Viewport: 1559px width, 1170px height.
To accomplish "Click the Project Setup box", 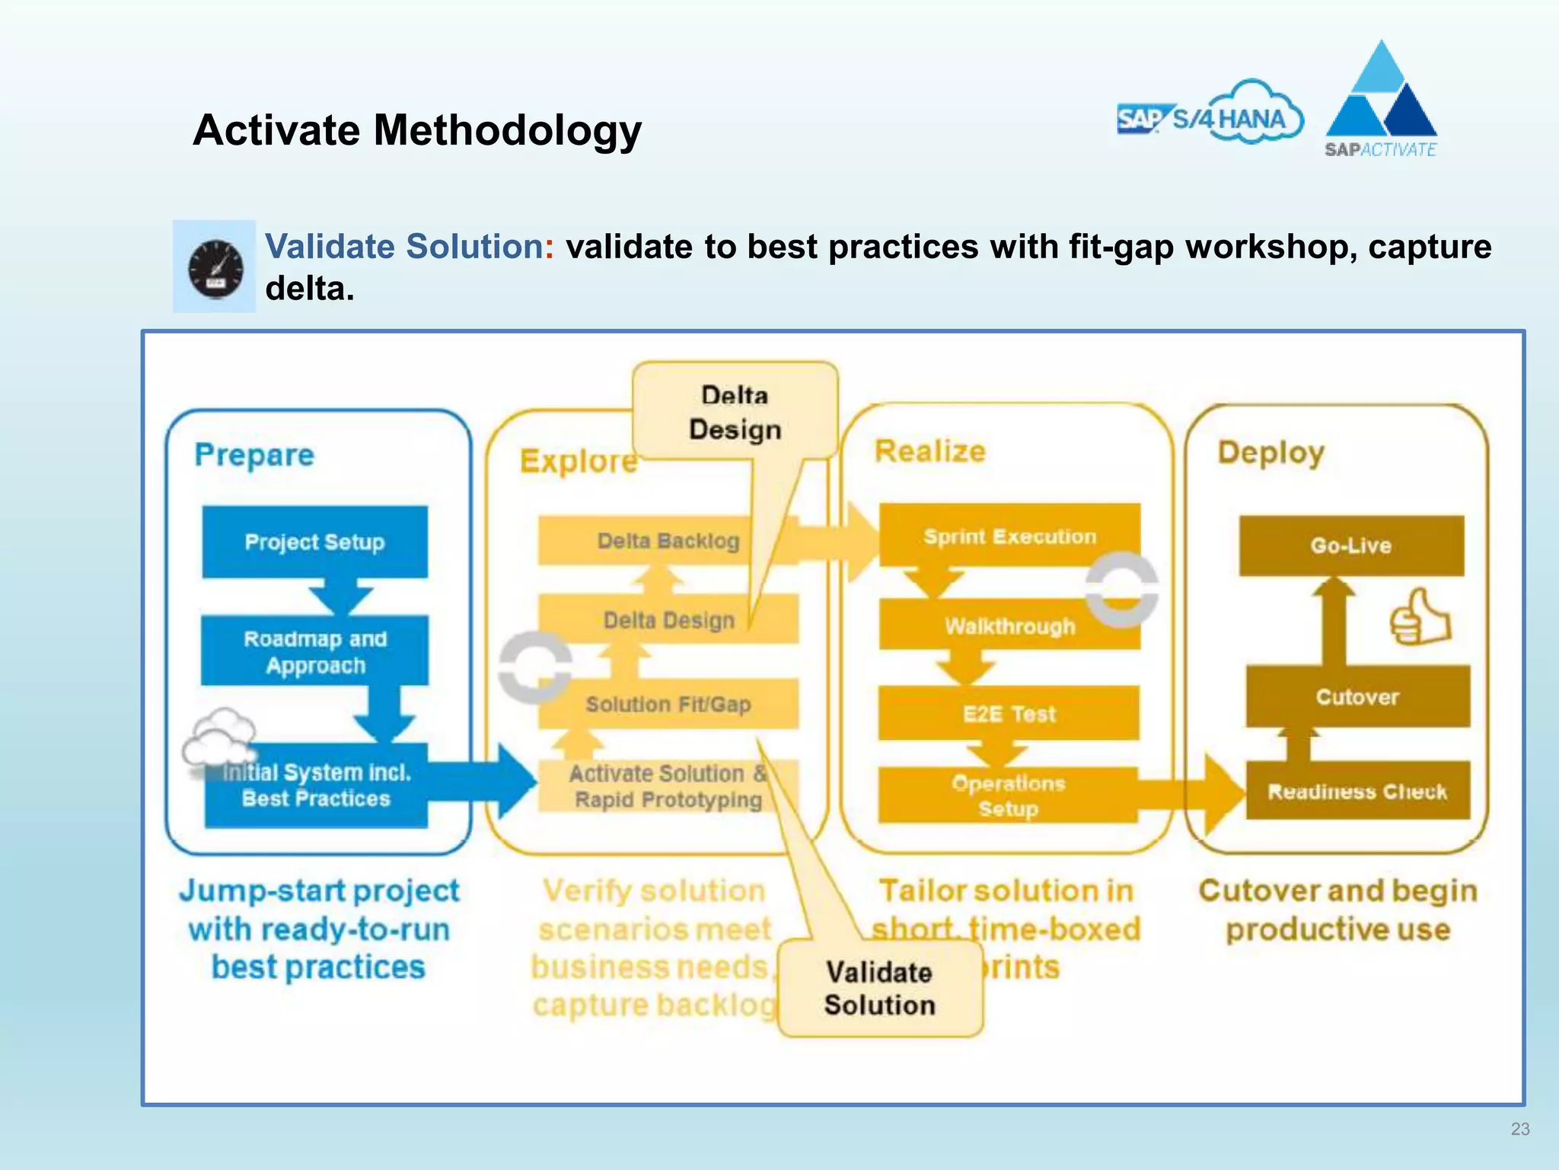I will (x=314, y=542).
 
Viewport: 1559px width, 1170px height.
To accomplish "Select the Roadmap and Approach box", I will (x=314, y=651).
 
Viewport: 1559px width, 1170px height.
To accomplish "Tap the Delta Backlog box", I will (x=668, y=541).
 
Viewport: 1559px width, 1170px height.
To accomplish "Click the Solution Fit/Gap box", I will (x=668, y=704).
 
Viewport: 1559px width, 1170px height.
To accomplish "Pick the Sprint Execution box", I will (x=1009, y=536).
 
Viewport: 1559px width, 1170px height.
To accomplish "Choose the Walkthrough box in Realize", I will (x=1009, y=625).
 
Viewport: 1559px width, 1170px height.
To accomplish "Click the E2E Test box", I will (x=1009, y=714).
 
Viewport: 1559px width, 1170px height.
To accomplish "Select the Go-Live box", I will (x=1351, y=545).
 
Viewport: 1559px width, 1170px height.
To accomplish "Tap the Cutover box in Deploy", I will (x=1357, y=696).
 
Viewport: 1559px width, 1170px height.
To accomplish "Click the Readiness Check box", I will (x=1357, y=791).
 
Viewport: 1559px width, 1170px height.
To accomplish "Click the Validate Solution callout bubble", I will (x=880, y=989).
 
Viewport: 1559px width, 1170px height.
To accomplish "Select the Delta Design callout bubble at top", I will (x=735, y=412).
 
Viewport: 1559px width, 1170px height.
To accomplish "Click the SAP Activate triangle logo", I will (x=1381, y=99).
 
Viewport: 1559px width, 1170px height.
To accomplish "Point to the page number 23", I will (x=1519, y=1129).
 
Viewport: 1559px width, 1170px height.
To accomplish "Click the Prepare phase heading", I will (x=254, y=455).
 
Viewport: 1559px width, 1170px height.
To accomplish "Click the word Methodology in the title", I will (x=508, y=130).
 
